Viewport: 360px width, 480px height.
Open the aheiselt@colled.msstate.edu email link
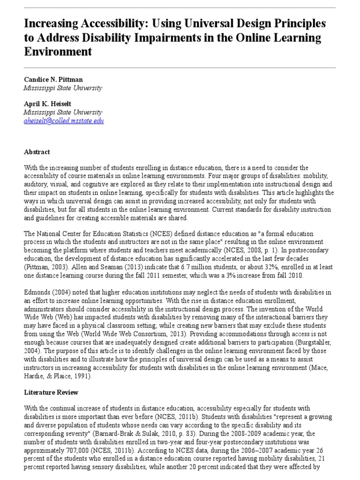64,120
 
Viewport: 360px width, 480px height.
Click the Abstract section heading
37,152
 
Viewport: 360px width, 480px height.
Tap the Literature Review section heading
51,392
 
